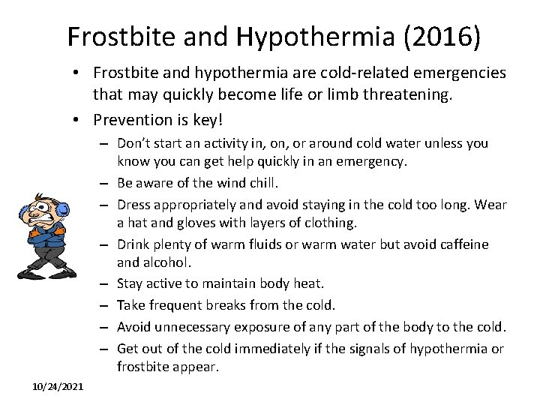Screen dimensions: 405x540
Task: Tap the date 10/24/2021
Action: click(x=58, y=386)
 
